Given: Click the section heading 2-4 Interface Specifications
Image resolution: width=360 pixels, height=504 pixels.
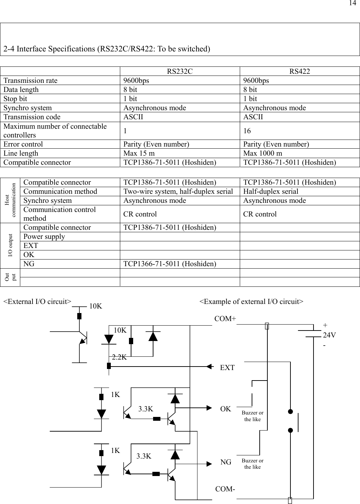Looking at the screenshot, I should click(107, 49).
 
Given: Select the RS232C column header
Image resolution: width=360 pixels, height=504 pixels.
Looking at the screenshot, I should click(180, 72).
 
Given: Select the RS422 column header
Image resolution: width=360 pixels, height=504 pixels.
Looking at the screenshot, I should click(300, 72).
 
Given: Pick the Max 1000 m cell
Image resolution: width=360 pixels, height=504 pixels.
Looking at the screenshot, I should click(262, 153).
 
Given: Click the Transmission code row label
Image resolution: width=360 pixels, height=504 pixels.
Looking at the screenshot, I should click(32, 117).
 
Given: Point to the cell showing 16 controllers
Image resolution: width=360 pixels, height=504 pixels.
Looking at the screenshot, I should click(247, 131).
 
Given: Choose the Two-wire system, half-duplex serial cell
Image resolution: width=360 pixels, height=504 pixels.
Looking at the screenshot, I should click(178, 191).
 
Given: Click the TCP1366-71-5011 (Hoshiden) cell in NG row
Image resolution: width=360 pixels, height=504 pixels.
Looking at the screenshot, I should click(170, 264).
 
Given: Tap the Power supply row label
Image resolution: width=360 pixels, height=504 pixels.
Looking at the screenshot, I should click(44, 236).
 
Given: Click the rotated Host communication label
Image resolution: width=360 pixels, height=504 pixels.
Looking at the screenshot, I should click(10, 200).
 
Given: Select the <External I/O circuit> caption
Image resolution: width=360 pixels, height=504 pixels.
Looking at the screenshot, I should click(37, 301).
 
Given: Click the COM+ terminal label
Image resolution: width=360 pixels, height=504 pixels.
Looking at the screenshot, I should click(225, 319).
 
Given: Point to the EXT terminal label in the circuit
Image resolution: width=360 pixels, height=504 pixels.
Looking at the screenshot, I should click(227, 368).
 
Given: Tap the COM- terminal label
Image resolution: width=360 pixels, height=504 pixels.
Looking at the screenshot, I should click(225, 489).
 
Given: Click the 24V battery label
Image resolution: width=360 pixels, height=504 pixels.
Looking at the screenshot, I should click(330, 335).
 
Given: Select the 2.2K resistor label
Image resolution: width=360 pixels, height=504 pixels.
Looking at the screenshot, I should click(120, 357).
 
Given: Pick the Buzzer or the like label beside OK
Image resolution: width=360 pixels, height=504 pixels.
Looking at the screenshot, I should click(252, 416).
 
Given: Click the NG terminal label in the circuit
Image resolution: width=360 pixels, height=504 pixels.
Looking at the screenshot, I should click(226, 462).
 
